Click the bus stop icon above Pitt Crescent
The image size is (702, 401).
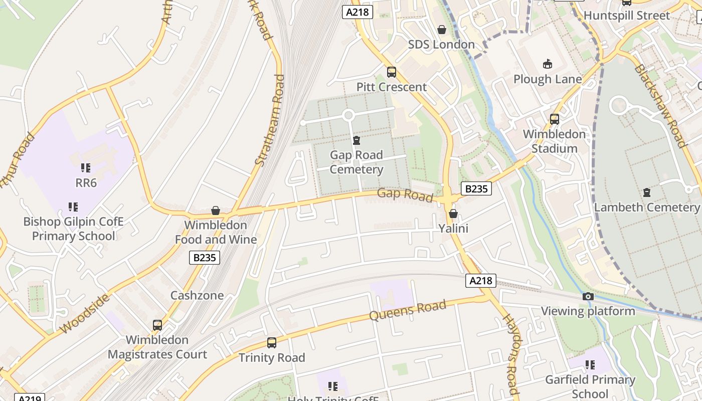click(x=392, y=72)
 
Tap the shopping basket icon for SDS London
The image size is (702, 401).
click(x=442, y=30)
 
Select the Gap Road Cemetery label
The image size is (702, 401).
click(x=357, y=162)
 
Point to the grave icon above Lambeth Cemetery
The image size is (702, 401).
click(x=647, y=192)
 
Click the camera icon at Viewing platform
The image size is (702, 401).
click(x=588, y=296)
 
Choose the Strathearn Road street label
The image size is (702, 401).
click(x=270, y=120)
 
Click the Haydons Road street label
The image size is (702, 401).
click(x=510, y=354)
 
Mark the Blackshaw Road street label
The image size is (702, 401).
click(x=659, y=106)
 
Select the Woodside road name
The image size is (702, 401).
click(x=85, y=314)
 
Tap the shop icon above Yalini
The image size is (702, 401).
click(x=453, y=214)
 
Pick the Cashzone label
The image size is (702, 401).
click(x=197, y=295)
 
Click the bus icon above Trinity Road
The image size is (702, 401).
click(x=272, y=343)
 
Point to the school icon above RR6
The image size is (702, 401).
click(x=86, y=168)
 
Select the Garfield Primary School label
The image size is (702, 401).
click(x=590, y=386)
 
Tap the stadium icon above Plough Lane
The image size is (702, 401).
click(x=548, y=64)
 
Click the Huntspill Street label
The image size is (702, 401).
click(x=627, y=16)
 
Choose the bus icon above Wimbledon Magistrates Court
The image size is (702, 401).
click(x=157, y=325)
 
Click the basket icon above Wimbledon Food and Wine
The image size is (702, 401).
click(x=216, y=211)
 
